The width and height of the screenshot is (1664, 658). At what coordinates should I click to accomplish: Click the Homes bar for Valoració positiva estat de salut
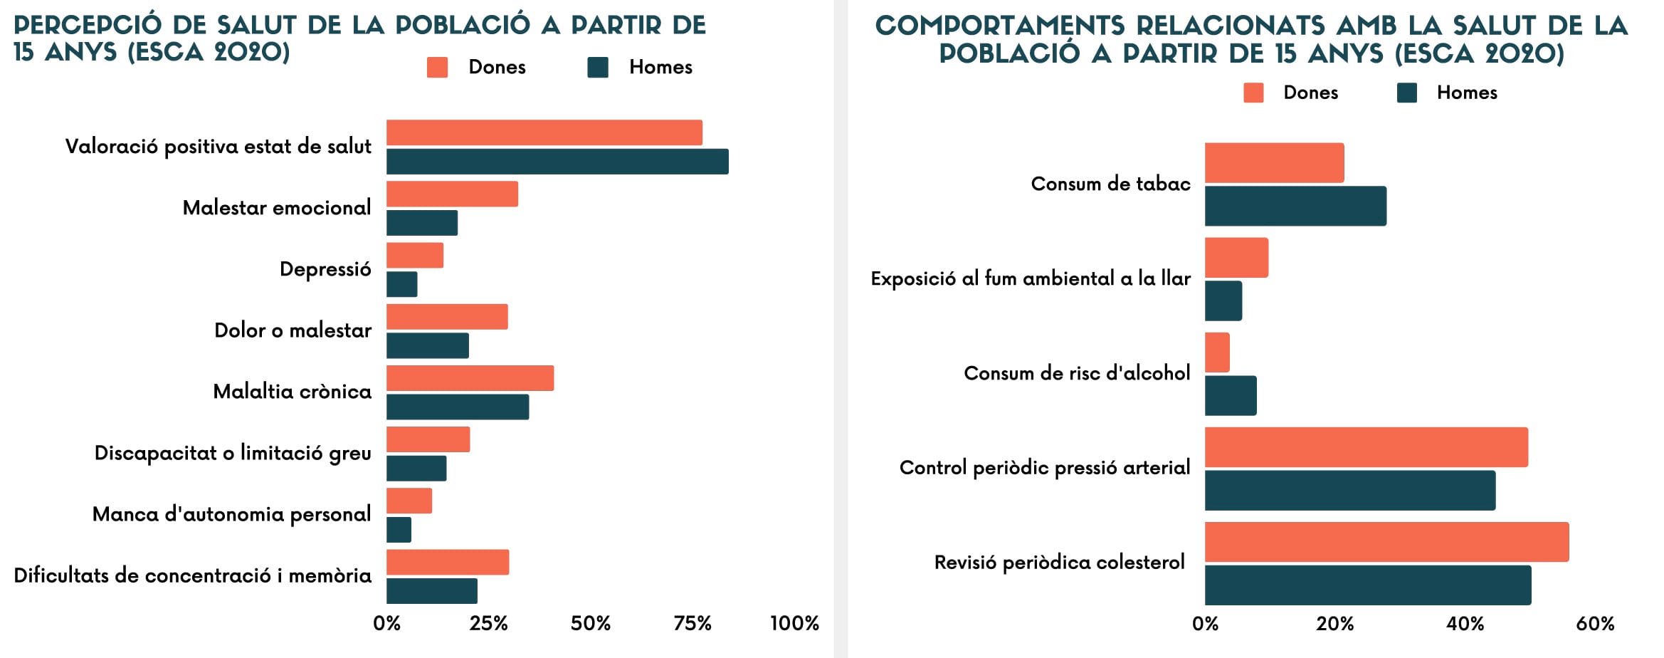point(557,162)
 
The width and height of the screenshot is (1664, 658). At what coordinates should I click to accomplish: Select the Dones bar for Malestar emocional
point(452,194)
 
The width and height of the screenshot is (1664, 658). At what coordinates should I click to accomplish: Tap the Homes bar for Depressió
point(402,285)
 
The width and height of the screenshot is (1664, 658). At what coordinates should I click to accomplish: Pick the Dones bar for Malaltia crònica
point(470,378)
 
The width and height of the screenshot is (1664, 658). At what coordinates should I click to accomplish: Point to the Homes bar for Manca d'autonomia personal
point(399,530)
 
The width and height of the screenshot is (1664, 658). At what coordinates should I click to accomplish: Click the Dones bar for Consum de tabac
point(1274,163)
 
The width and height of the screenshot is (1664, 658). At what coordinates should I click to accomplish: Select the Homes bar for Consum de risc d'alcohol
point(1231,396)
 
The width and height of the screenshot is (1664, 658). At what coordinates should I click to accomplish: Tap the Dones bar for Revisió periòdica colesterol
point(1386,542)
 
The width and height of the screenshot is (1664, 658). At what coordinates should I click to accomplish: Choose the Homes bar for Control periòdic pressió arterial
point(1350,491)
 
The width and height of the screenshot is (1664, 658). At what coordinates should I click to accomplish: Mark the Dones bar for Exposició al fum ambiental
point(1236,258)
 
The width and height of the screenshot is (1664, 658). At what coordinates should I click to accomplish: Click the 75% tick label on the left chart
point(693,624)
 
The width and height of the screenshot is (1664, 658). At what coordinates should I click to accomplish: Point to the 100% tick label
point(794,624)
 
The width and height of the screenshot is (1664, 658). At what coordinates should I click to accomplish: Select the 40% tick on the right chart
point(1465,625)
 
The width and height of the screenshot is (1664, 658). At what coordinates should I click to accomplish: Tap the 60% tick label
point(1595,625)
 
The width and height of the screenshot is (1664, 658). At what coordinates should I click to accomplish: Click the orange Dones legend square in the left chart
point(437,68)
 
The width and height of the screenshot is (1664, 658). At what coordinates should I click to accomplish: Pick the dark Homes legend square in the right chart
point(1406,93)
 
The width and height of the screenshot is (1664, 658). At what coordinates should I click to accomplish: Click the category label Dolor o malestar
point(293,330)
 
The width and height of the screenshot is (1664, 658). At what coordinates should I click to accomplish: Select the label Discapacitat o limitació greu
point(233,454)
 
